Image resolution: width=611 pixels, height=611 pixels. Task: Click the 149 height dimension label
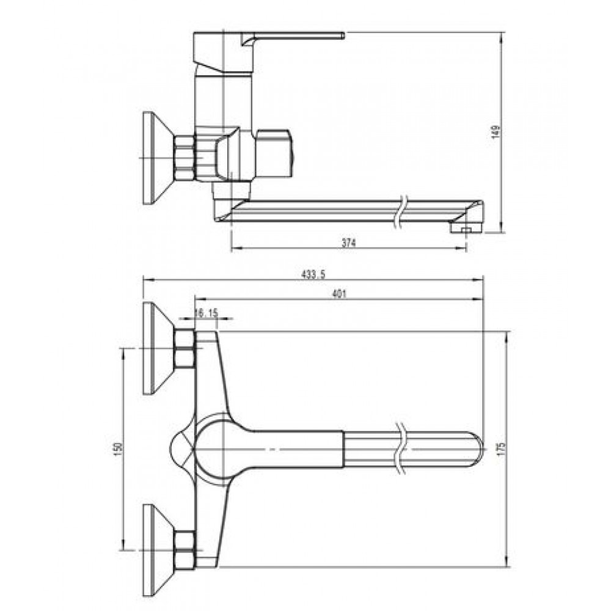[496, 132]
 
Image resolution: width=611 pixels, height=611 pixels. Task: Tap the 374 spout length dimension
[349, 243]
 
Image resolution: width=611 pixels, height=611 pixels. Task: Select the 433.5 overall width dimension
[313, 274]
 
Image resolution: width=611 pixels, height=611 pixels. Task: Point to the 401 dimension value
[338, 295]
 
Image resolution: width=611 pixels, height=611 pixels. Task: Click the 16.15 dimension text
[207, 312]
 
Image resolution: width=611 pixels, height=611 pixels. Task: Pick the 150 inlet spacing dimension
[119, 447]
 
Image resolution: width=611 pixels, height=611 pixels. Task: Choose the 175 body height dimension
[502, 448]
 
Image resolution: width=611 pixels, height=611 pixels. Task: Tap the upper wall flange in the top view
[158, 348]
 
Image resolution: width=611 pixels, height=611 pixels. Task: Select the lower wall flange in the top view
[158, 550]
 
